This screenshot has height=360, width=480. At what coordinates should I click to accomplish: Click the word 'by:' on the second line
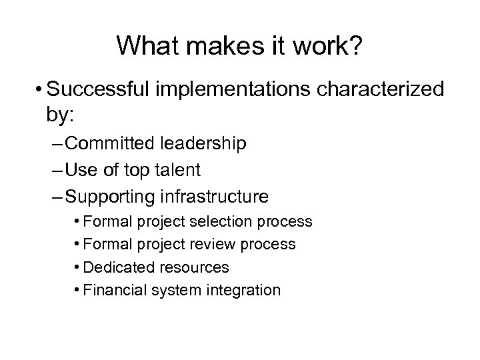click(62, 115)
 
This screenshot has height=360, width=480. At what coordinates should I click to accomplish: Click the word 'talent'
click(175, 170)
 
